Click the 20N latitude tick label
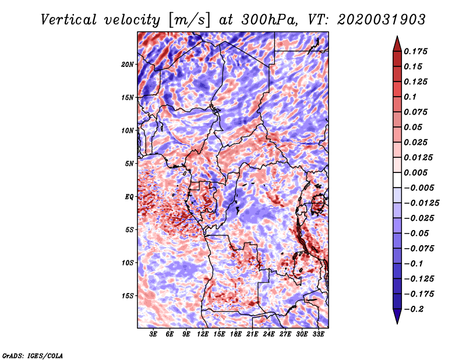pos(128,64)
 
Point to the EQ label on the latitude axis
pos(129,197)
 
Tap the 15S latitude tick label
pos(128,296)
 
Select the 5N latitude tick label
pos(129,164)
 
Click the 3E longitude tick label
pos(153,334)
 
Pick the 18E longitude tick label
pos(236,334)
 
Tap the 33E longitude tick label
pos(318,334)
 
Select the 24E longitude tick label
pos(269,334)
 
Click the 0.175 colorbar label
pos(415,51)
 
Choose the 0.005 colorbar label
pos(415,172)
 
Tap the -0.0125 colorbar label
pos(421,203)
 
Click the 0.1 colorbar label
pos(410,97)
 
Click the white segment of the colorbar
pos(397,180)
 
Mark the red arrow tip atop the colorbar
pos(397,36)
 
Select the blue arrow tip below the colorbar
pos(397,323)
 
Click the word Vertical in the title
pos(69,20)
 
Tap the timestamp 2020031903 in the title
pos(382,20)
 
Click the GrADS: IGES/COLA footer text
pos(32,355)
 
